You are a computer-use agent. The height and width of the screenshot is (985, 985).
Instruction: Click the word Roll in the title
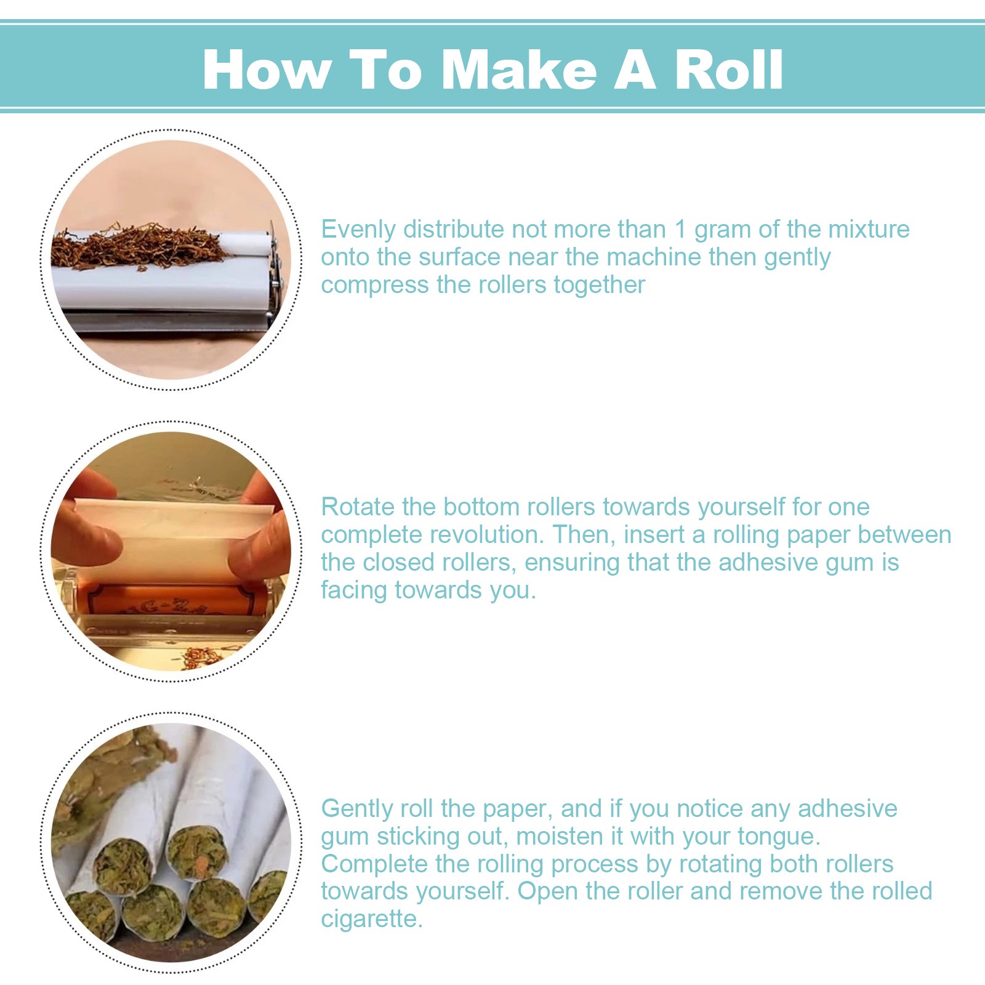pos(728,70)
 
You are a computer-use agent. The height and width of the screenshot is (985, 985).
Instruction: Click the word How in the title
pos(267,70)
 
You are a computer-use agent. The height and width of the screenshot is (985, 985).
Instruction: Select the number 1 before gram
pos(680,229)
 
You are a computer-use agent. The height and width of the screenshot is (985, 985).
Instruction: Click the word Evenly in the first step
pos(358,230)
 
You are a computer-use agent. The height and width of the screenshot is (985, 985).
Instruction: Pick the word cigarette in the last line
pos(372,919)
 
